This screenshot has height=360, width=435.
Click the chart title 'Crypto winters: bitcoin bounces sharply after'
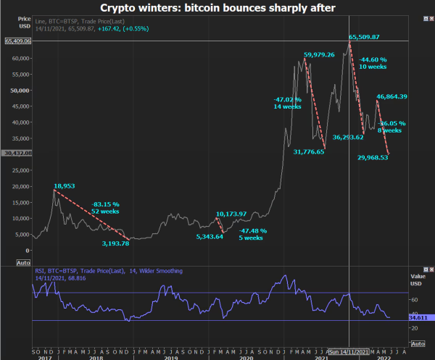(217, 8)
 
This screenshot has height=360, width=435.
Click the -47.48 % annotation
(254, 230)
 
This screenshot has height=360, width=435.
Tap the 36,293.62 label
(353, 137)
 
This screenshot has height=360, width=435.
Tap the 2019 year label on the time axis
(170, 357)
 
